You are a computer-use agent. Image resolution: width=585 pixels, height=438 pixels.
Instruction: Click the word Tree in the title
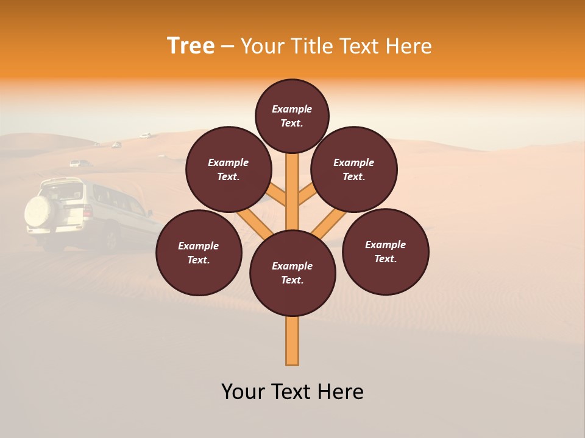point(191,46)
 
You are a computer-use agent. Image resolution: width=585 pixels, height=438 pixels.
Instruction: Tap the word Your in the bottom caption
point(243,392)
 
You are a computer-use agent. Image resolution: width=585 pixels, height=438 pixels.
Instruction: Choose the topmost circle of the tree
point(292,116)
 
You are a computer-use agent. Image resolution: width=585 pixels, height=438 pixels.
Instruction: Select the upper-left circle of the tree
point(229,169)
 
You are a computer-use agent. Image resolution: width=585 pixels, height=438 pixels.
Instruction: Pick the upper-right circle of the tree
point(354,169)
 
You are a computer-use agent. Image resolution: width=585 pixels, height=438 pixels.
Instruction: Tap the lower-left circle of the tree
point(199,252)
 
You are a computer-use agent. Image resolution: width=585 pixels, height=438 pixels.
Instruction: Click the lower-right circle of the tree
point(385,251)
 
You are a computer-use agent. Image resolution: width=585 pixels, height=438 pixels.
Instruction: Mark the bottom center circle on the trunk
point(292,273)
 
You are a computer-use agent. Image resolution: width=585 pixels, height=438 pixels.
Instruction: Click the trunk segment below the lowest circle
point(292,341)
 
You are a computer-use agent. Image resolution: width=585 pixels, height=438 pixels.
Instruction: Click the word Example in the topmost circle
point(292,109)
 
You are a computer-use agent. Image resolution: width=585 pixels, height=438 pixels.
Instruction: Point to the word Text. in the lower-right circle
point(385,259)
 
